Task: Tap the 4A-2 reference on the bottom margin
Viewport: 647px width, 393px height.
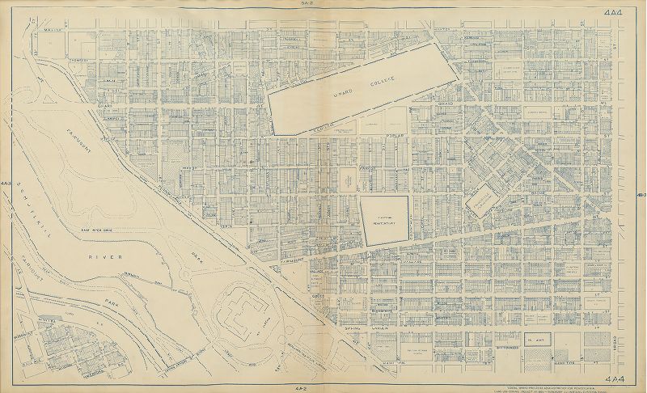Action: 323,388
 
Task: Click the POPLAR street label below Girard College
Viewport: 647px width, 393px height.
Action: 395,136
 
